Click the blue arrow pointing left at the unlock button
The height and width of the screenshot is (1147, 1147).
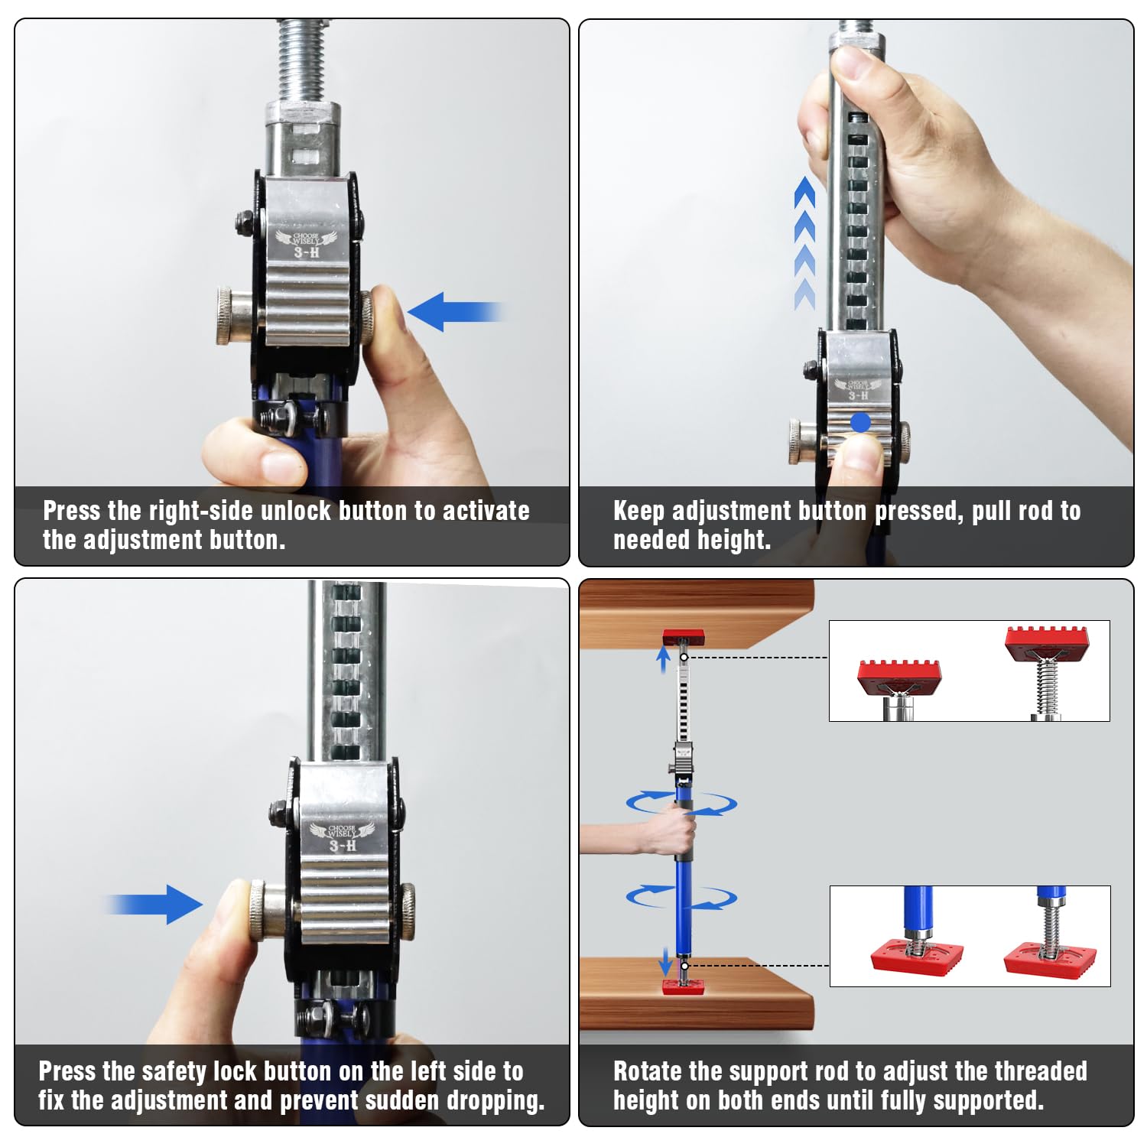click(x=454, y=312)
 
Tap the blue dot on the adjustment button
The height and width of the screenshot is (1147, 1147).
click(x=860, y=422)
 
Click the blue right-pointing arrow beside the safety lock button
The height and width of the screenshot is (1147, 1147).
click(x=154, y=905)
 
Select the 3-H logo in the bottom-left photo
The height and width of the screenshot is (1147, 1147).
click(x=342, y=837)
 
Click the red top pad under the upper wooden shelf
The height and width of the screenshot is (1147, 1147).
click(x=684, y=637)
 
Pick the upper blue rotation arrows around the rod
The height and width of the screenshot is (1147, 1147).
click(x=681, y=803)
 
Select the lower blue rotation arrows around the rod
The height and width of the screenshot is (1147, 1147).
click(x=681, y=896)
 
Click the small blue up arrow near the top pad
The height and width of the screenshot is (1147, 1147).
click(x=664, y=659)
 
